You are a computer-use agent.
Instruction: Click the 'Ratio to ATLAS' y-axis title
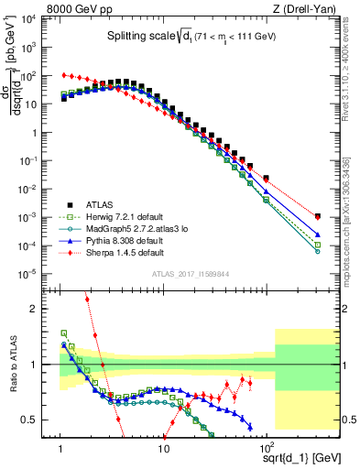[x=12, y=365]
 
